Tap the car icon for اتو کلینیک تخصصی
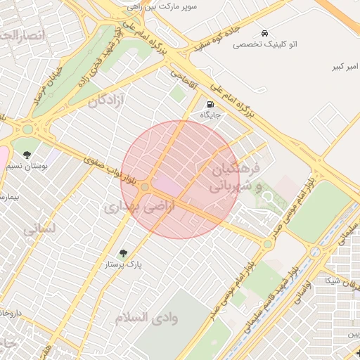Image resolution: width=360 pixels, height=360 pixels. (x=264, y=33)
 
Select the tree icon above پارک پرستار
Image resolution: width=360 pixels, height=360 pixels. (x=124, y=253)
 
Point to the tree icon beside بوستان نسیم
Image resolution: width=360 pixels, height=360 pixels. (x=27, y=155)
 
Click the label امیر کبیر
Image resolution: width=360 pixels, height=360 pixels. (x=345, y=67)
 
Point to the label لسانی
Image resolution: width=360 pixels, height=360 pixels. (x=39, y=229)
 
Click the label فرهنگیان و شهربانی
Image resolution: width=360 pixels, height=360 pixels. (x=236, y=177)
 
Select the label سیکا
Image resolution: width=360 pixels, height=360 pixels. (x=330, y=280)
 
